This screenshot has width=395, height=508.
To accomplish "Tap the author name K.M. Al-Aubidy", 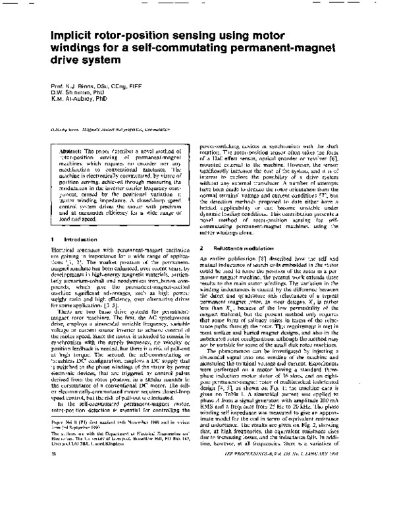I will click(x=76, y=99).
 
